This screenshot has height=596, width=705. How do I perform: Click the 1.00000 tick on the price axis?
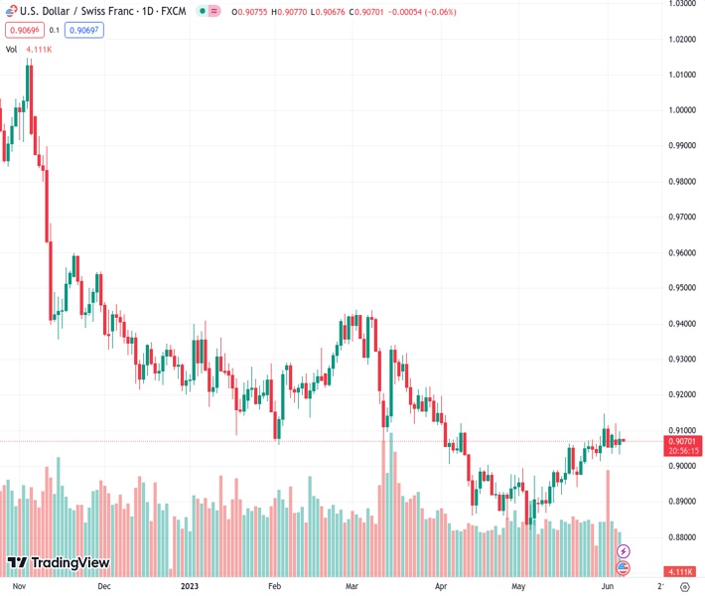(681, 110)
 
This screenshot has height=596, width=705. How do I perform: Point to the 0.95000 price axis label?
(681, 288)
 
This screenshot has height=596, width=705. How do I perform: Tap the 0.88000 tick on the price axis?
(681, 537)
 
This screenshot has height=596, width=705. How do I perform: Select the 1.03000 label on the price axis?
(681, 4)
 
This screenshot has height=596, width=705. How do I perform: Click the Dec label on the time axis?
(104, 586)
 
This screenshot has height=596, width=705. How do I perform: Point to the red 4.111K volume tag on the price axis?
(681, 572)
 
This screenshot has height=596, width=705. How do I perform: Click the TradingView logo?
(59, 563)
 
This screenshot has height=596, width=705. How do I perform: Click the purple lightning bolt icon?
(624, 550)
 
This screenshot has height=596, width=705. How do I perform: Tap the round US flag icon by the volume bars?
(624, 568)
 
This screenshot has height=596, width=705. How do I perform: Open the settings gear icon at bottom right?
(685, 586)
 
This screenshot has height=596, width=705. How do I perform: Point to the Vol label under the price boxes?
(12, 49)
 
